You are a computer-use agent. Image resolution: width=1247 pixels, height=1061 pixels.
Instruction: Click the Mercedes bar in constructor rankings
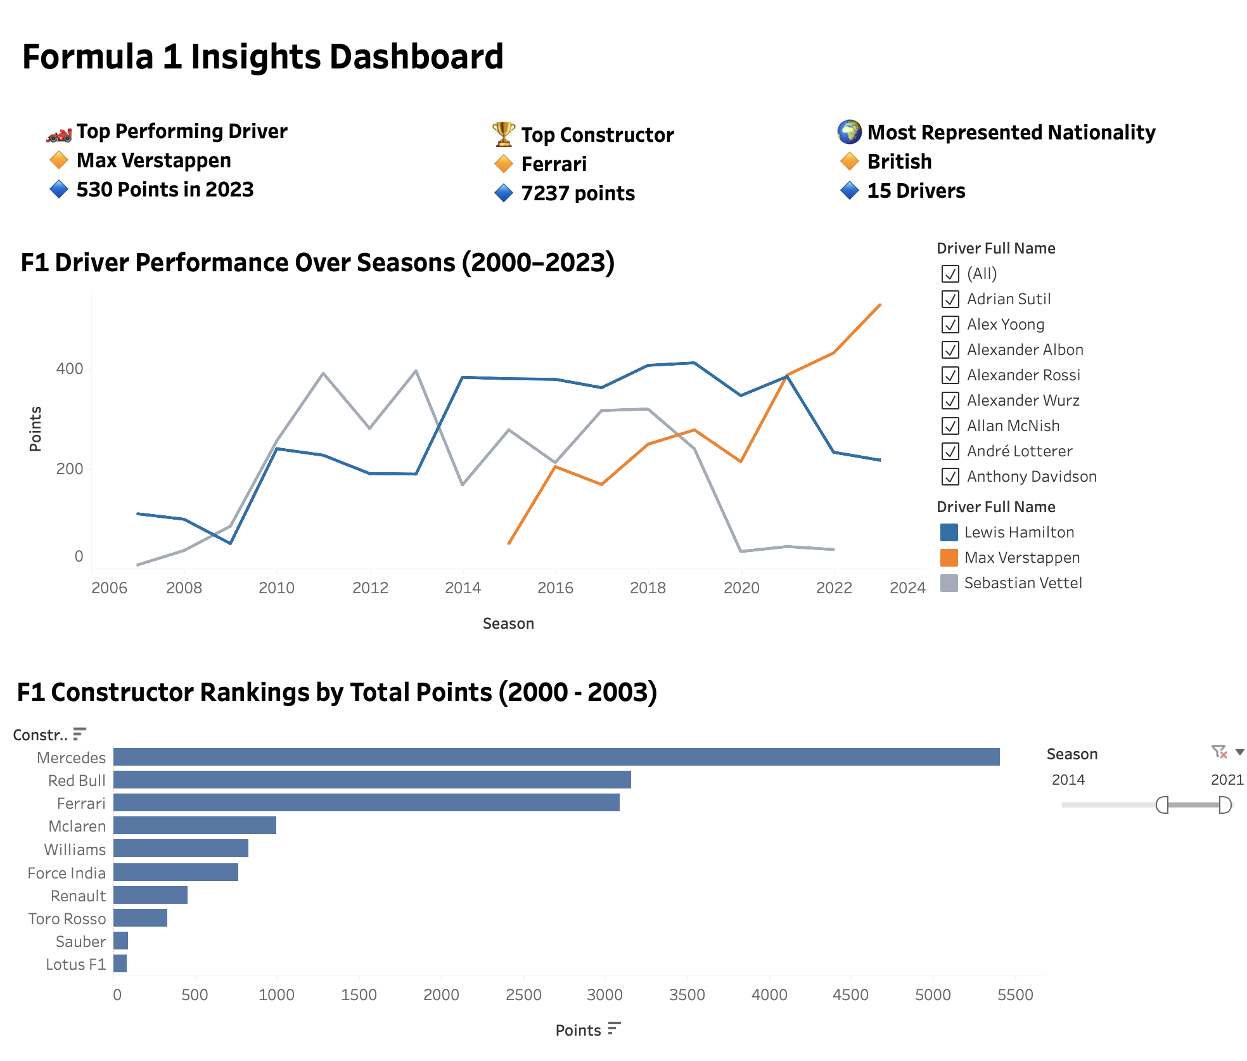[556, 757]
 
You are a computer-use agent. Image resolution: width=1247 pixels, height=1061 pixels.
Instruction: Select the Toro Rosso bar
[140, 918]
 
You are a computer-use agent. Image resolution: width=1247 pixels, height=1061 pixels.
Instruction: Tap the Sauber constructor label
[80, 942]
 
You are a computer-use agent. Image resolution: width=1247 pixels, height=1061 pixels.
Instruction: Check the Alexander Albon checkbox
[950, 350]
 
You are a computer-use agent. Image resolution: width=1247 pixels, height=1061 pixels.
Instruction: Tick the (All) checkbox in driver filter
[950, 274]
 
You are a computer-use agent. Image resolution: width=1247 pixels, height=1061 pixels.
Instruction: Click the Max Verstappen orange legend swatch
[949, 558]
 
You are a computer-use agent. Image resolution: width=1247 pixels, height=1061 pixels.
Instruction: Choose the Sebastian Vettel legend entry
[1022, 583]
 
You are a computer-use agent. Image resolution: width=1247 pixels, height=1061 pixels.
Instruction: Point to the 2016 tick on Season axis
[555, 588]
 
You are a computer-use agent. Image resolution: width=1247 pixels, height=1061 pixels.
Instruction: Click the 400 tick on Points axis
[70, 369]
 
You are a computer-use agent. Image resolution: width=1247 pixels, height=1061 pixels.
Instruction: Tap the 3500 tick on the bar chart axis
[687, 994]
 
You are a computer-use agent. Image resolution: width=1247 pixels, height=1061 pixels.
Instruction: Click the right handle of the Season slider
[1225, 805]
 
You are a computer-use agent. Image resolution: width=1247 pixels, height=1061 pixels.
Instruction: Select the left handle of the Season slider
[1162, 805]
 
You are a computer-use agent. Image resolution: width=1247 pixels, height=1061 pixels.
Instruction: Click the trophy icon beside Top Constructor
[504, 134]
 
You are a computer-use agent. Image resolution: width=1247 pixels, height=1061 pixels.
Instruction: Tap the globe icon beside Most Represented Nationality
[849, 132]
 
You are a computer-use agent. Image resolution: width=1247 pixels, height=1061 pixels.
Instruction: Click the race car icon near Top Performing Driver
[59, 134]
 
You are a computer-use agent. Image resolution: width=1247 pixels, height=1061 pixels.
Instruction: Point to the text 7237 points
[577, 193]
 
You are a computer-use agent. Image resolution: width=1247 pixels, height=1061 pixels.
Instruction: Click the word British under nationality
[898, 162]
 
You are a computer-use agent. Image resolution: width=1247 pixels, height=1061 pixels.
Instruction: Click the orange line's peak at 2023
[880, 305]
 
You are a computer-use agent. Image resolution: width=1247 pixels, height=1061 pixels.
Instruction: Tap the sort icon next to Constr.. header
[79, 734]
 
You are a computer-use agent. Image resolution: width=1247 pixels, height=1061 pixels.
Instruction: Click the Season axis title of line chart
[508, 624]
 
